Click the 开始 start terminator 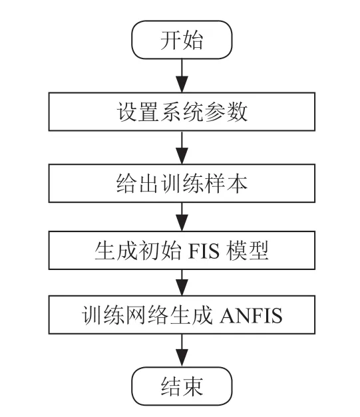[x=182, y=40]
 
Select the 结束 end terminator [x=182, y=386]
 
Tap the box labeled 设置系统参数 [x=182, y=112]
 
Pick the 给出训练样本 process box [x=182, y=184]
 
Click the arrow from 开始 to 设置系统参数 [x=182, y=76]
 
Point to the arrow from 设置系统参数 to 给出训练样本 [x=182, y=148]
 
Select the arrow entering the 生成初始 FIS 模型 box [x=182, y=217]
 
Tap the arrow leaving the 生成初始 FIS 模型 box [x=182, y=283]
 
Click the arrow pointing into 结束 [x=182, y=350]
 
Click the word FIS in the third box [x=204, y=251]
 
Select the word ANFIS [x=251, y=315]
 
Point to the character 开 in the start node [x=171, y=40]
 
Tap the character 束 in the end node [x=193, y=386]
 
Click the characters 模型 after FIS [x=247, y=250]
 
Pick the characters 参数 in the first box [x=226, y=112]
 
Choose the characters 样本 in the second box [x=226, y=184]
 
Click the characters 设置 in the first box [x=138, y=112]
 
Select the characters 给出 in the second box [x=138, y=184]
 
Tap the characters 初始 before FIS [x=160, y=250]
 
